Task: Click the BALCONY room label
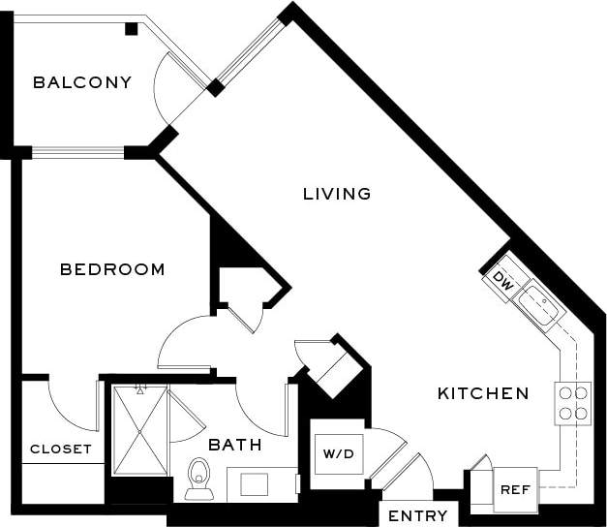(82, 82)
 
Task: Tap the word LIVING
(337, 194)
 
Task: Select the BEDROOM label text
(112, 269)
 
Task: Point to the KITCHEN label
(483, 393)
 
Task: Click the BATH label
(235, 446)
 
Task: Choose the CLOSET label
(61, 449)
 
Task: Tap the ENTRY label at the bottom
(417, 515)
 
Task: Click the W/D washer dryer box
(339, 451)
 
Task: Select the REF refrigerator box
(514, 489)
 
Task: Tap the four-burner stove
(572, 403)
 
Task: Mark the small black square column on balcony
(131, 29)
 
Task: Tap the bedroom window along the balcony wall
(77, 152)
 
